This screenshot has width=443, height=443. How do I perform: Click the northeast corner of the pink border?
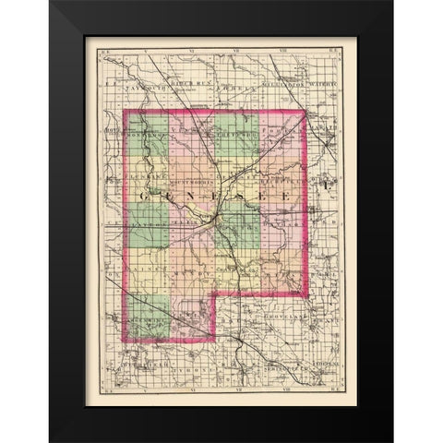305,112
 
